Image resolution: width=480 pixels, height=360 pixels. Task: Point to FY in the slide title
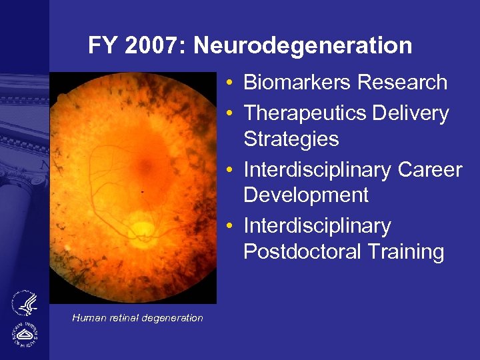click(x=101, y=46)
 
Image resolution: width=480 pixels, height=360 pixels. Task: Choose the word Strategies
click(x=291, y=139)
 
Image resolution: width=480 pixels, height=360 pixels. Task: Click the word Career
click(x=430, y=170)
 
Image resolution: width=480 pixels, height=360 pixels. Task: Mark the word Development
click(x=306, y=195)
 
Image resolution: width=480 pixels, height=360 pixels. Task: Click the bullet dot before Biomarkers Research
click(x=229, y=83)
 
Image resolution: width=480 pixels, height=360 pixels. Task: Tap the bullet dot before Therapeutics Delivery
click(x=229, y=114)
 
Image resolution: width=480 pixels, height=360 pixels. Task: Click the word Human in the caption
click(x=89, y=318)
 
